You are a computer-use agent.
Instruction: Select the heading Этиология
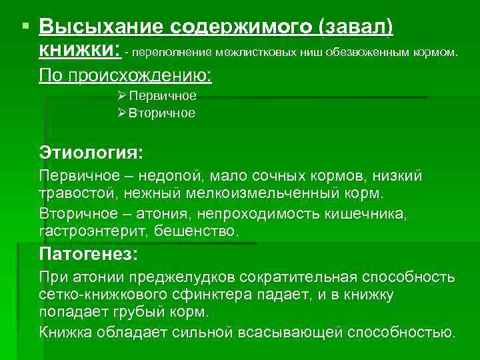[91, 153]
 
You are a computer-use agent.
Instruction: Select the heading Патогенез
[89, 254]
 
